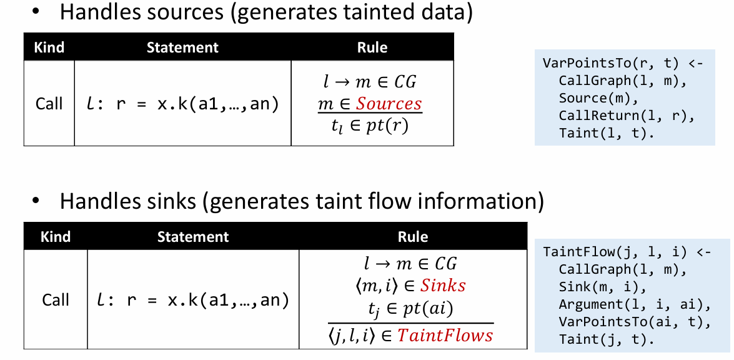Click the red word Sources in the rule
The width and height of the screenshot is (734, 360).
click(389, 104)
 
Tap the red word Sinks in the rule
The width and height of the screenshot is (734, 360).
click(442, 286)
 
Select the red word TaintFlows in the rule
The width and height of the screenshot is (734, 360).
click(445, 336)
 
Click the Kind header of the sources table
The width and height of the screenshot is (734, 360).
click(48, 47)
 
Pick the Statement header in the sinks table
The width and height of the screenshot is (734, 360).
click(193, 237)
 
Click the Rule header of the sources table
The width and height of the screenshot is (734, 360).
click(372, 47)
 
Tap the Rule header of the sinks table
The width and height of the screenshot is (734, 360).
click(413, 237)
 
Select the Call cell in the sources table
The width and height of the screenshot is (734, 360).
click(49, 103)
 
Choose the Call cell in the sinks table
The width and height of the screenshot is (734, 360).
click(56, 299)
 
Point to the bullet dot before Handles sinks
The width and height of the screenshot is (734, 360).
click(36, 201)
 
